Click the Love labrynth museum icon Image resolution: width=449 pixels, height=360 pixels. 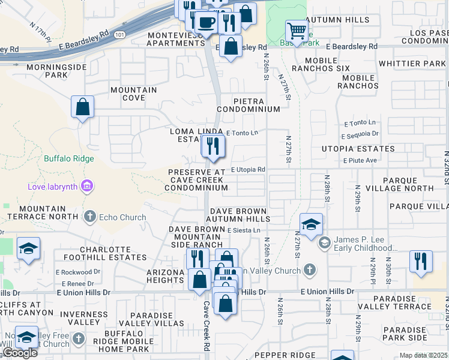pyautogui.click(x=87, y=187)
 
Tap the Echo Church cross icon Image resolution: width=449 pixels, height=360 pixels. pyautogui.click(x=90, y=217)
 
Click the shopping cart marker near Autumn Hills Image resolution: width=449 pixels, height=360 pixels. pyautogui.click(x=296, y=31)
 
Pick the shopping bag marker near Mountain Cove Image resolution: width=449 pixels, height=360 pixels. pyautogui.click(x=82, y=107)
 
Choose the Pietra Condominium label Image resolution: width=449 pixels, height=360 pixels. pyautogui.click(x=249, y=105)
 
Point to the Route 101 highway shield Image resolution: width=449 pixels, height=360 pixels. pyautogui.click(x=121, y=34)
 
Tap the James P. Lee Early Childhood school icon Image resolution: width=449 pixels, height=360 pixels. pyautogui.click(x=324, y=242)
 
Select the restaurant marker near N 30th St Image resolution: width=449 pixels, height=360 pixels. pyautogui.click(x=421, y=261)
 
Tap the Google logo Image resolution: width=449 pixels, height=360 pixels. pyautogui.click(x=20, y=353)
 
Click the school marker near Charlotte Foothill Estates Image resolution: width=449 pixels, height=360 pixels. pyautogui.click(x=28, y=249)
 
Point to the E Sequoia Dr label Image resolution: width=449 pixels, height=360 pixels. pyautogui.click(x=362, y=134)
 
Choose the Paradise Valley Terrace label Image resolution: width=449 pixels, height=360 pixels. pyautogui.click(x=402, y=302)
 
